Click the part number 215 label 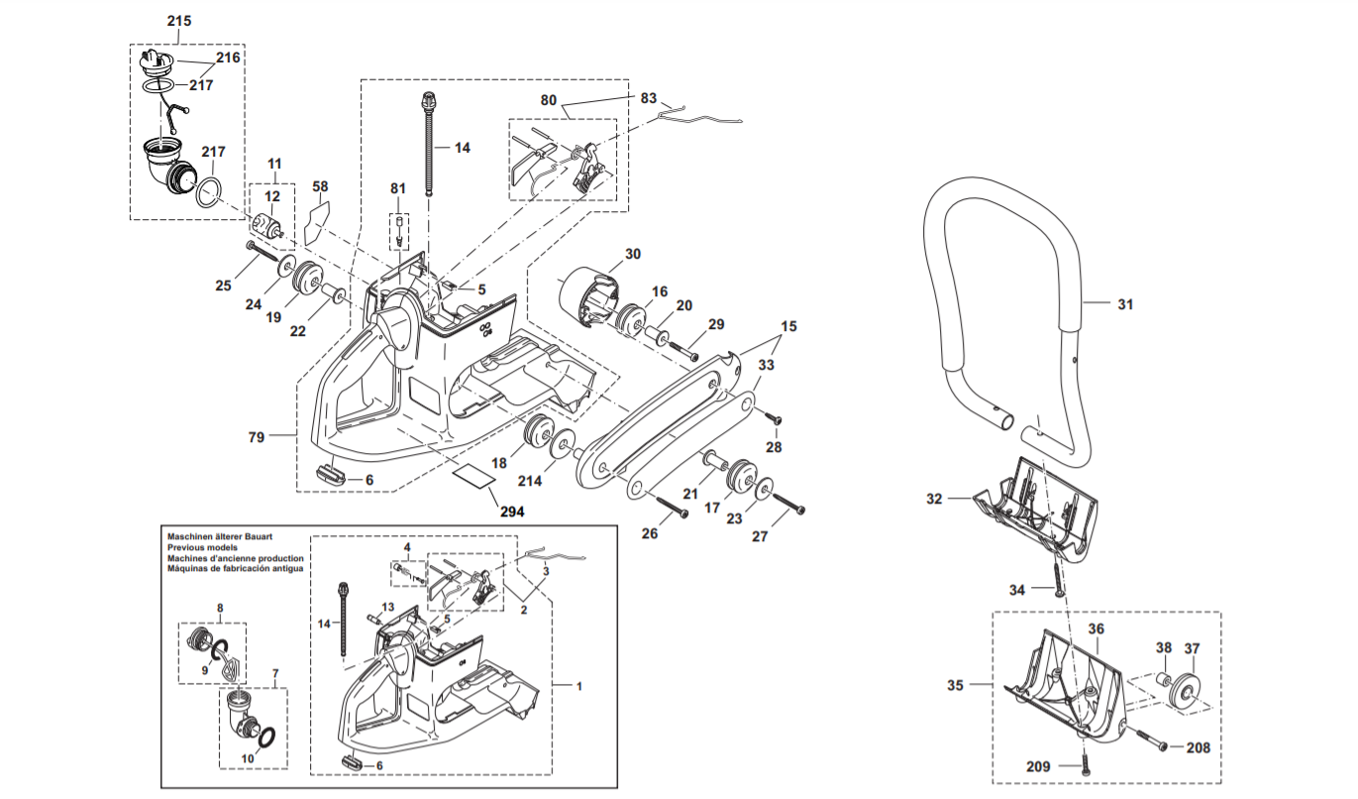click(179, 21)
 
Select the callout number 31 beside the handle click(1125, 304)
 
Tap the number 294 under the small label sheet click(512, 513)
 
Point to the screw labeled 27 click(787, 503)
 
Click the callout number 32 click(934, 499)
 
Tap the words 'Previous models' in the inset click(202, 547)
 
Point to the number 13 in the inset click(388, 607)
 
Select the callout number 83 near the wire click(648, 98)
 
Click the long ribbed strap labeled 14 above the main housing click(429, 144)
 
